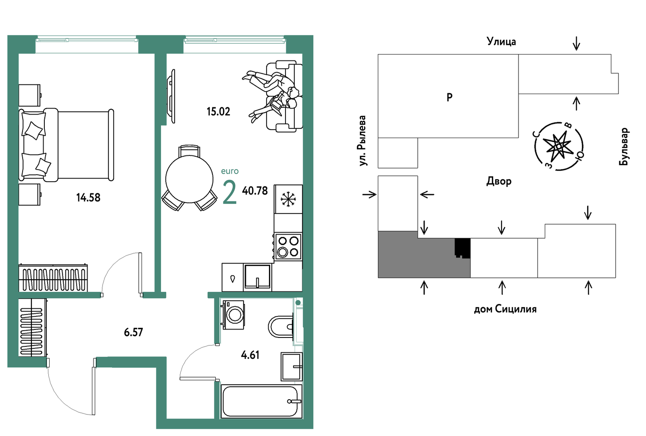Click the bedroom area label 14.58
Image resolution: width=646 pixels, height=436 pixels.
88,198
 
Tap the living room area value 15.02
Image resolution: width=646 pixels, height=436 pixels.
218,112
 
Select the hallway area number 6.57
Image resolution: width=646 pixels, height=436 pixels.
133,332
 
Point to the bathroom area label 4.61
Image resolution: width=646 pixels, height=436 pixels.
250,355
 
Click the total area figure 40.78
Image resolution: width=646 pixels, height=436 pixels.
255,191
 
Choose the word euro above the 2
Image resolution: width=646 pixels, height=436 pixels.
230,171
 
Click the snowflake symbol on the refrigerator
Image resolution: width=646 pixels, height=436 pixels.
288,199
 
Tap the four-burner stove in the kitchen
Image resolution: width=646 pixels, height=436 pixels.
288,247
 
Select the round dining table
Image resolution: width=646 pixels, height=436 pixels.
190,179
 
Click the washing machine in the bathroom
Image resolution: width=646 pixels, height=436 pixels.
233,314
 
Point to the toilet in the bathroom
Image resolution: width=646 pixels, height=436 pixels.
281,327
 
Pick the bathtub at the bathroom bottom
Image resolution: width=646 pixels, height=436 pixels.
261,401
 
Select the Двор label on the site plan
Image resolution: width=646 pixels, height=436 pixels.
499,181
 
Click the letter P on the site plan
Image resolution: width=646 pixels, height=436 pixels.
449,98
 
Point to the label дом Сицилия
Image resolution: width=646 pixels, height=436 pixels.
505,309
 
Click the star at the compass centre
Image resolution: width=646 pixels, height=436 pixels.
558,146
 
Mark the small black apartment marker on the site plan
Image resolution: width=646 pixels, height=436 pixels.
463,248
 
